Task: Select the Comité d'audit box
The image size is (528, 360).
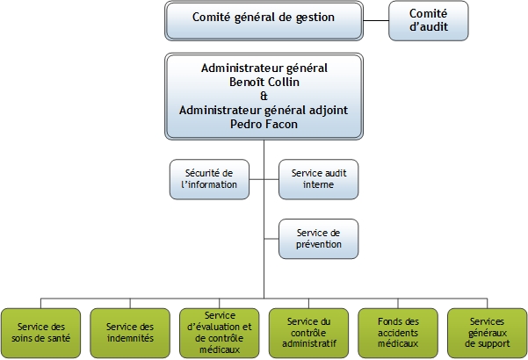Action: (x=429, y=19)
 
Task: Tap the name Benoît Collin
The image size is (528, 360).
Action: (x=264, y=82)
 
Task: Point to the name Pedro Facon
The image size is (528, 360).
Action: (x=264, y=125)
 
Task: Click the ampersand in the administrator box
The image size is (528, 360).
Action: (x=264, y=96)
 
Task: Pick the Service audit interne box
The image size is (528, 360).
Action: (x=318, y=179)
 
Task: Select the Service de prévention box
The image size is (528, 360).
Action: (x=318, y=238)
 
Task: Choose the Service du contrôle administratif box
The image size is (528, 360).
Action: (x=308, y=333)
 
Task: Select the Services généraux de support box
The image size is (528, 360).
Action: (x=487, y=333)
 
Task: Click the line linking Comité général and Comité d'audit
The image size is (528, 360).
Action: (x=375, y=19)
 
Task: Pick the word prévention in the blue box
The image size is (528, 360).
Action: (x=318, y=244)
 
